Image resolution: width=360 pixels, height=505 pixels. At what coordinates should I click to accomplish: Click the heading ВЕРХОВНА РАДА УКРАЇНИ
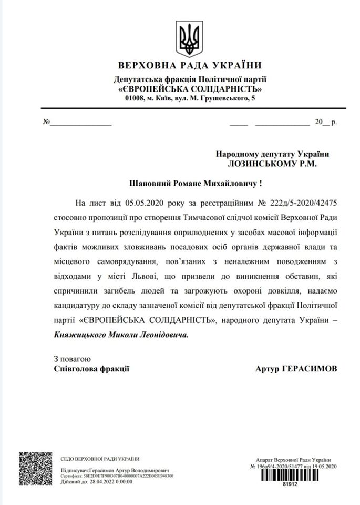190,66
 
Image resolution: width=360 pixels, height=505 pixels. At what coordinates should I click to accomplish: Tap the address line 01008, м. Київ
190,98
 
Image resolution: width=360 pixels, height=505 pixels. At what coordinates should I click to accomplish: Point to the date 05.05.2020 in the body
145,202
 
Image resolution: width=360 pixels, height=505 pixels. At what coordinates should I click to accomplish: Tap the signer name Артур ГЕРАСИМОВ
296,369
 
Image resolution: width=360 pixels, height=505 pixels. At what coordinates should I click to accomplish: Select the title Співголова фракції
91,369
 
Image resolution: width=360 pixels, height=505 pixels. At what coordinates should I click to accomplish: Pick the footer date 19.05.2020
323,467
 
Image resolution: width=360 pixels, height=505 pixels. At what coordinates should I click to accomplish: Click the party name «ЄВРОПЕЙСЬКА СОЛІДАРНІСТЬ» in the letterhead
190,89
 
